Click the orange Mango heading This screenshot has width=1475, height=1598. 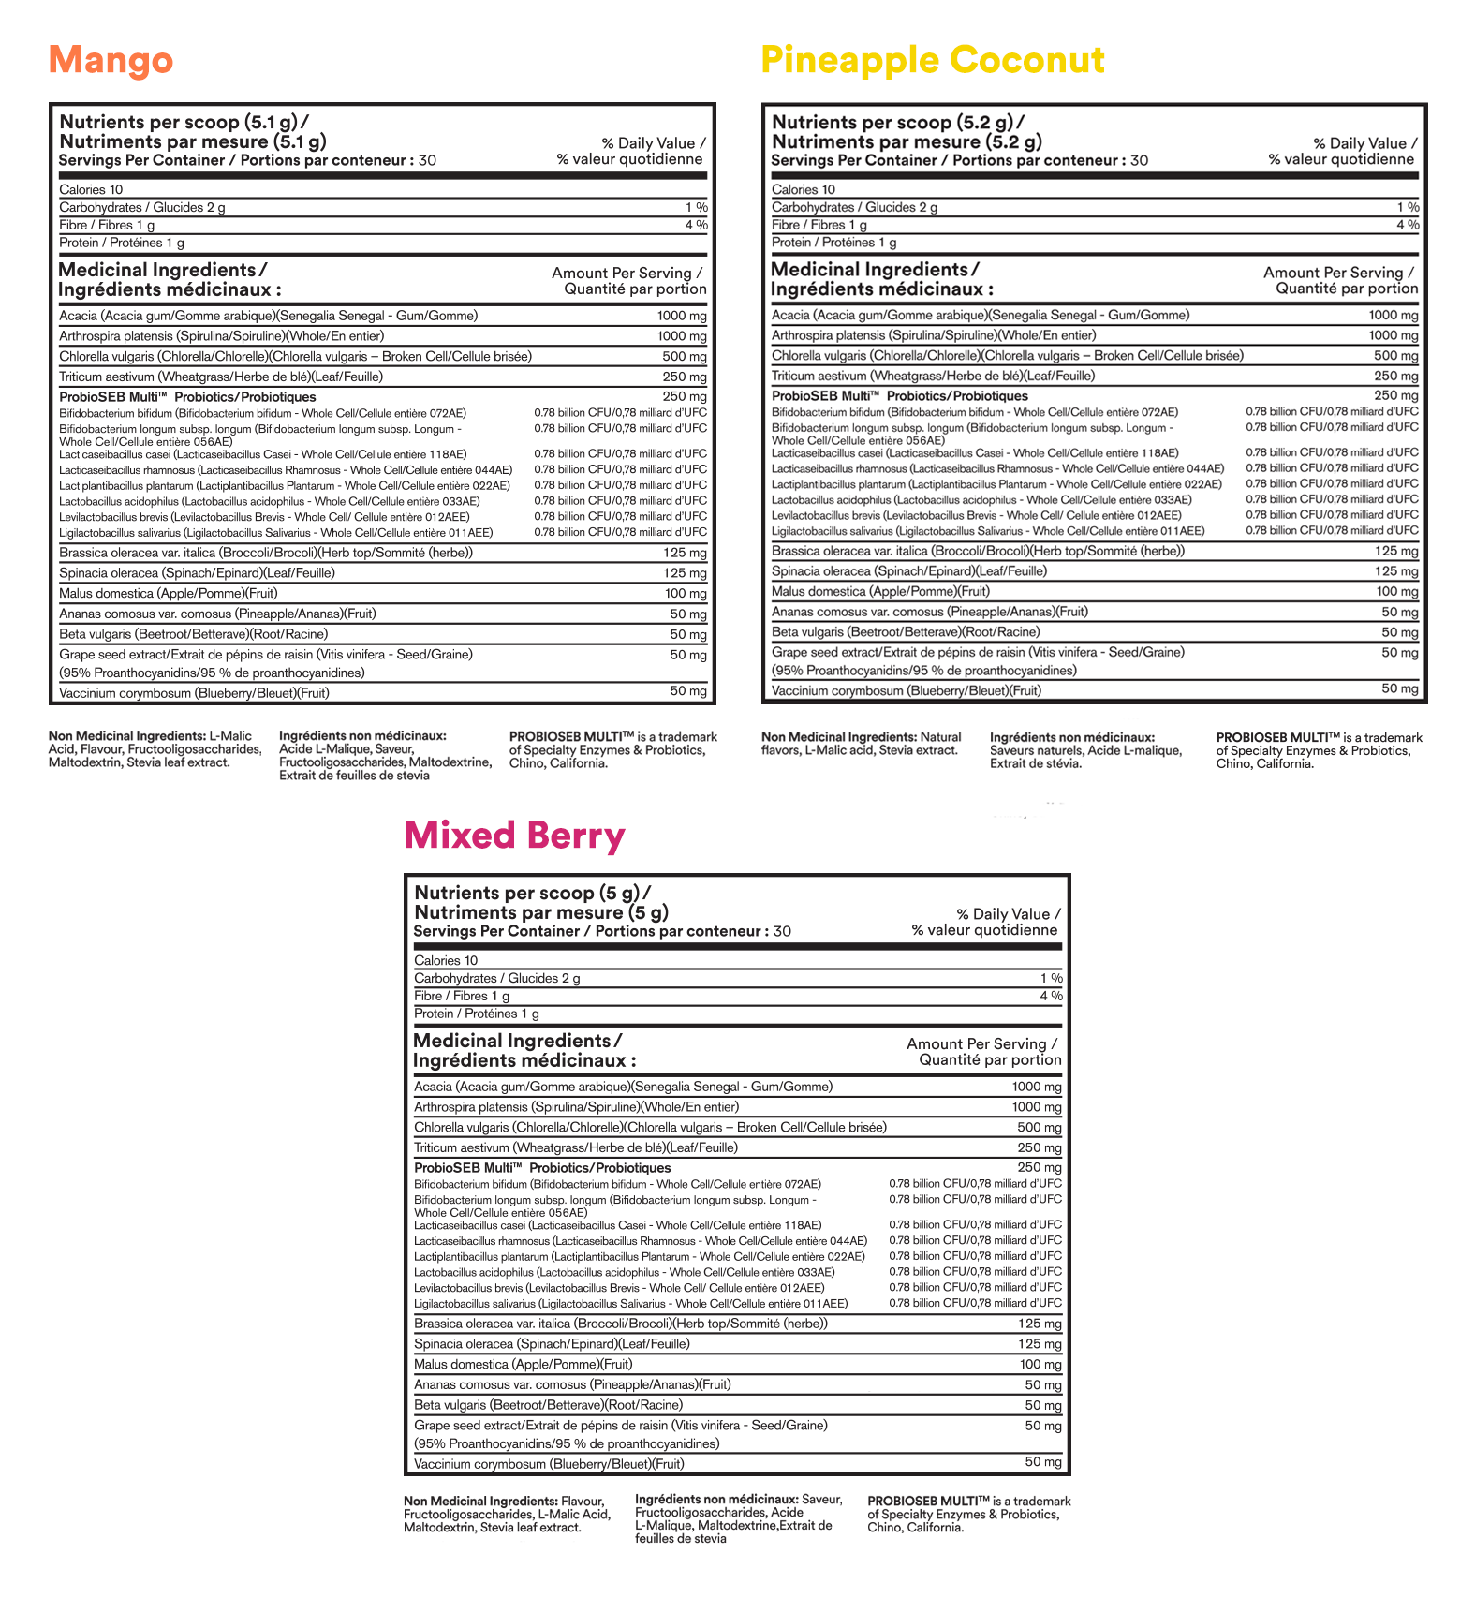tap(111, 60)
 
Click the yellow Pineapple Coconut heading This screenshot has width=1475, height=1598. tap(933, 60)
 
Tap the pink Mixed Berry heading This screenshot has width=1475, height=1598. tap(514, 835)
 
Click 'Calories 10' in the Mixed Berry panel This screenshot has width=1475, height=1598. tap(446, 960)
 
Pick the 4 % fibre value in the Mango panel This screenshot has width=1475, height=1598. tap(696, 225)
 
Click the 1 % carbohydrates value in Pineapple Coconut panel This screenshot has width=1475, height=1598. tap(1408, 207)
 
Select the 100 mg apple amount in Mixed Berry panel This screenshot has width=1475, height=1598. tap(1040, 1365)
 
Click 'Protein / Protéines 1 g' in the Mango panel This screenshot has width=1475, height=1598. tap(122, 243)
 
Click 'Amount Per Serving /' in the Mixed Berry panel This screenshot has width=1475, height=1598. tap(981, 1043)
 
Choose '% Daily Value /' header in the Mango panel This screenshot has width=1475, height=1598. tap(654, 143)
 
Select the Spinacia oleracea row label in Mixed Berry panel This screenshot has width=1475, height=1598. tap(552, 1344)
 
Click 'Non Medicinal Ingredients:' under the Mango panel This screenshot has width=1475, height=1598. tap(126, 736)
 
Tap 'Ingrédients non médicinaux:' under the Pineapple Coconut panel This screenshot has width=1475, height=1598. tap(1072, 737)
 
